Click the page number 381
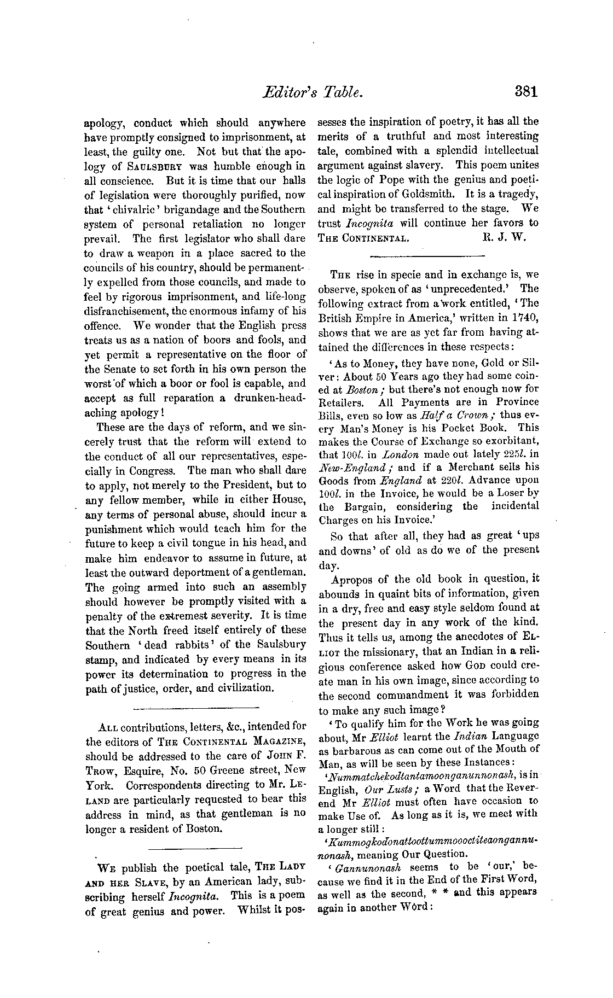(x=526, y=91)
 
